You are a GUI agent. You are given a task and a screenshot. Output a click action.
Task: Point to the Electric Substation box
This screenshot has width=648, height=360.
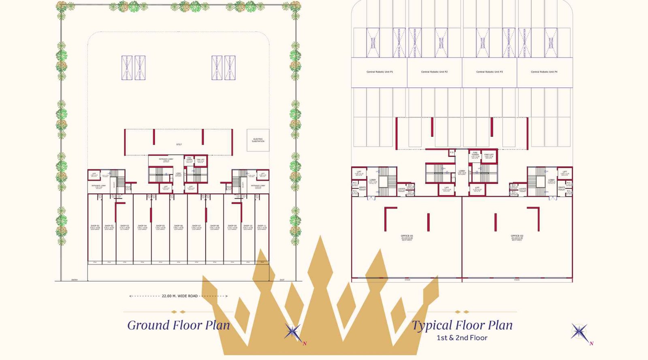click(x=258, y=140)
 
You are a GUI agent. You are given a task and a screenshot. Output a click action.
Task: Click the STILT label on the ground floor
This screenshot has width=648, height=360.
click(x=179, y=145)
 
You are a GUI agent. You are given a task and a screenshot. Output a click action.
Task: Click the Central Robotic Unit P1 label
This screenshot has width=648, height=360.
click(x=379, y=72)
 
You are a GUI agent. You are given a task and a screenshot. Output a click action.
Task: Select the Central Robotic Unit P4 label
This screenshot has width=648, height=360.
click(x=544, y=72)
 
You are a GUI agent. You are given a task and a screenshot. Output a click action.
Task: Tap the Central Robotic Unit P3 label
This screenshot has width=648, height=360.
click(x=489, y=72)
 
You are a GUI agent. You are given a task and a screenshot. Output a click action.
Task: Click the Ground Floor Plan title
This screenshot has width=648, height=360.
click(x=178, y=325)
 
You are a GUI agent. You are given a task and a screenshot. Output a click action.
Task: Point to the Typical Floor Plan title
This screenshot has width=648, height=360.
click(x=462, y=325)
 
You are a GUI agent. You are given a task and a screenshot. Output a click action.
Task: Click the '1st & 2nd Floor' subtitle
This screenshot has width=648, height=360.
click(x=462, y=338)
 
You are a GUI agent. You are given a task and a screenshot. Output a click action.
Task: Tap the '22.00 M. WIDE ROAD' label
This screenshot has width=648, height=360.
click(x=179, y=296)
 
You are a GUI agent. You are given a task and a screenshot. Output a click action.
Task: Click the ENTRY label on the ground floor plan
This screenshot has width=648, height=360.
click(x=75, y=280)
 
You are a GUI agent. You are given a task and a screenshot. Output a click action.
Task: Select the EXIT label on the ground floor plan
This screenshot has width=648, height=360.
click(x=282, y=280)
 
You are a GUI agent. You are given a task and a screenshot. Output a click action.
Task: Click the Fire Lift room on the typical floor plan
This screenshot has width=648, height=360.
click(x=489, y=156)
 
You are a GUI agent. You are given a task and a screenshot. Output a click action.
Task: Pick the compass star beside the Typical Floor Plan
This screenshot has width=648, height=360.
click(x=580, y=332)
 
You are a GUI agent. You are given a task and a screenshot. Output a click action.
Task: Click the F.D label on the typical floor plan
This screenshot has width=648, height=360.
click(x=452, y=153)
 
